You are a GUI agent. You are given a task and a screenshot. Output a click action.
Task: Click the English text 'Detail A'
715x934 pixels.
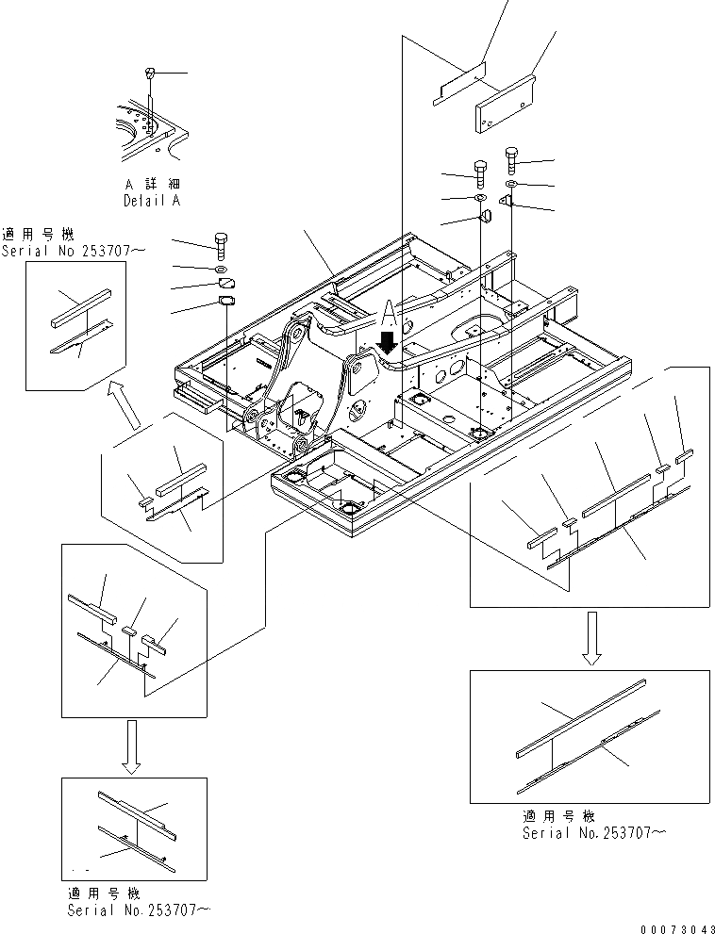[152, 201]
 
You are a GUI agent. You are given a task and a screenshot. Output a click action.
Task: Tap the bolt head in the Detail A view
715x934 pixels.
[150, 73]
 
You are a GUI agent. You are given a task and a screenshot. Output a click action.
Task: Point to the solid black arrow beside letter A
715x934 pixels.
[386, 341]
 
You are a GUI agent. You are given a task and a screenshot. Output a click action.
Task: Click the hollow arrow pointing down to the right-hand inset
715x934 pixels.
[591, 638]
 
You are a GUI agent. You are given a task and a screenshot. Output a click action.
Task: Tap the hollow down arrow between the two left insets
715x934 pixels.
[132, 745]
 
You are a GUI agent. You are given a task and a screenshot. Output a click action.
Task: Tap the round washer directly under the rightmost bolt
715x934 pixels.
[511, 183]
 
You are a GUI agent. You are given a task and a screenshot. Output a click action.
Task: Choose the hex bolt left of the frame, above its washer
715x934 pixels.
[222, 242]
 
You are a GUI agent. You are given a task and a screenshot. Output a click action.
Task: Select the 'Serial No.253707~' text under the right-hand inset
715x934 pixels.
[585, 833]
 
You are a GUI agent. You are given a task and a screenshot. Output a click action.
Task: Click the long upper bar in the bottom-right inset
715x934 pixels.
[580, 716]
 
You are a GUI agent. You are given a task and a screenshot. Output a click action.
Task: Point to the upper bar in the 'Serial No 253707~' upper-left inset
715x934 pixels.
[80, 309]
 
